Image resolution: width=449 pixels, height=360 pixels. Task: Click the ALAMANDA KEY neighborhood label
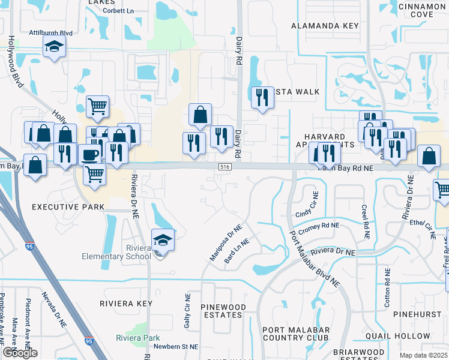click(x=325, y=26)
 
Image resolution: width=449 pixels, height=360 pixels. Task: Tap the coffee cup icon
click(x=90, y=155)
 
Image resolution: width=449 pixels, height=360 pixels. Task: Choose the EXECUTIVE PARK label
click(x=68, y=207)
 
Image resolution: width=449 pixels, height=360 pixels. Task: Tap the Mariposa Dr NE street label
click(x=225, y=242)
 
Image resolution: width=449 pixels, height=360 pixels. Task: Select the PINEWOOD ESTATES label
click(x=224, y=311)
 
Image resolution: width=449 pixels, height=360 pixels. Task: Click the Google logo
click(x=20, y=353)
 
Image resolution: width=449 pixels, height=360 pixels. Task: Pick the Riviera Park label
click(x=138, y=338)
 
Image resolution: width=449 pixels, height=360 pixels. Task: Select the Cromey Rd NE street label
click(x=319, y=226)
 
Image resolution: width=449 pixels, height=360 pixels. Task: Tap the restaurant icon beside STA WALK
click(x=262, y=97)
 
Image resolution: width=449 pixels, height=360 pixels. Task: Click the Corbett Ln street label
click(x=118, y=11)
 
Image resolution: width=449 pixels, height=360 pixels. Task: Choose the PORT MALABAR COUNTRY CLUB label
click(x=296, y=334)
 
